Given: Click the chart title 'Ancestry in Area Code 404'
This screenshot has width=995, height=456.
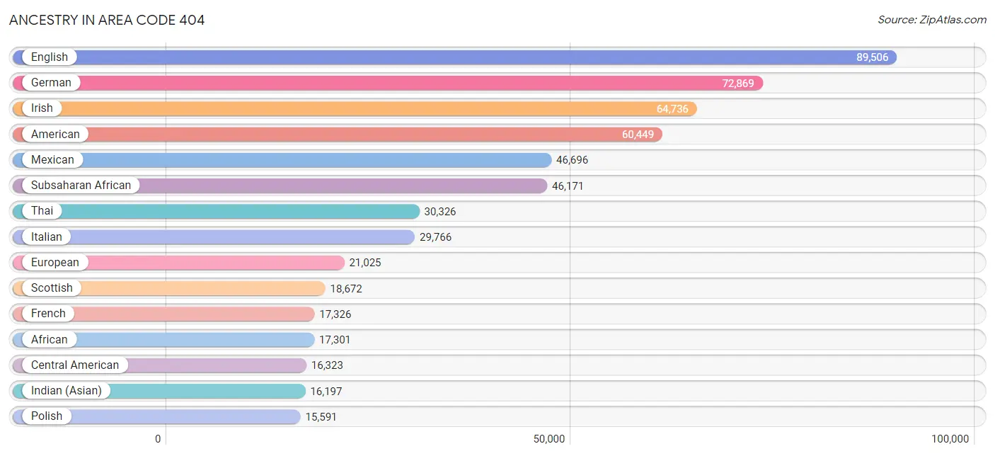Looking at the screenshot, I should click(107, 20).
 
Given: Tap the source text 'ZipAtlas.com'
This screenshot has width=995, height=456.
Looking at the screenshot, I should click(932, 20).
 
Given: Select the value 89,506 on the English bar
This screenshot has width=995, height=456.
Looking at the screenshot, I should click(872, 57).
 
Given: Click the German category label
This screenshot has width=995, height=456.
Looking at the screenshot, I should click(51, 83).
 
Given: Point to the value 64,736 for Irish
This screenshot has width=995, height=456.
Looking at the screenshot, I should click(672, 109).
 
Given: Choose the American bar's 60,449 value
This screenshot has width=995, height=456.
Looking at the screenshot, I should click(638, 135).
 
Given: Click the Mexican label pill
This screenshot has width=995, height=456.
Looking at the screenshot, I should click(52, 160).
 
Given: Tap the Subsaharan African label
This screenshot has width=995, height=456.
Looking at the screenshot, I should click(81, 186).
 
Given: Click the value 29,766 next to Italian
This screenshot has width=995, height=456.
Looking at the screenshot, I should click(435, 237).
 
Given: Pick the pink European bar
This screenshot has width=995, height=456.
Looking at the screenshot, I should click(212, 263).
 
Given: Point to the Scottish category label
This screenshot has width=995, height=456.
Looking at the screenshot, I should click(52, 288).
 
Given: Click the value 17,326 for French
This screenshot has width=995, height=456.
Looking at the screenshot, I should click(335, 314).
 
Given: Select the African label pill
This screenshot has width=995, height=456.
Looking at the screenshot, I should click(50, 340).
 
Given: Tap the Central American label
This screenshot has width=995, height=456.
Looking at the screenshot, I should click(75, 365).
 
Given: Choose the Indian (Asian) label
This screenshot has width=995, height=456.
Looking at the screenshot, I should click(67, 391).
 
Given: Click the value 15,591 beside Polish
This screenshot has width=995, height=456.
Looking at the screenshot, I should click(321, 417).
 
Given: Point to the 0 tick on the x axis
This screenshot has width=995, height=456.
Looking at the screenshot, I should click(158, 439).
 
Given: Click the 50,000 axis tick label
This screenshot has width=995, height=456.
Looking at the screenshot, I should click(548, 439).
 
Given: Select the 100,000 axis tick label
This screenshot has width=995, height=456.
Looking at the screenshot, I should click(950, 439).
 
